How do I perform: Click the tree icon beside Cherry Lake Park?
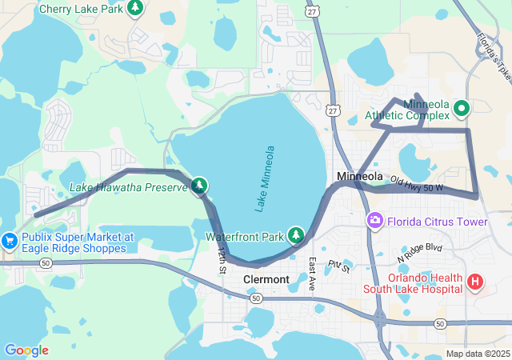coord(135,7)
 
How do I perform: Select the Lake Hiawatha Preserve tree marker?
coord(199,186)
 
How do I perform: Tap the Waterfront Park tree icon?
coord(297,235)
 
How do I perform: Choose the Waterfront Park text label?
coord(245,237)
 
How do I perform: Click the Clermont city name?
coord(266,279)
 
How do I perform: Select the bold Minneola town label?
coord(360,176)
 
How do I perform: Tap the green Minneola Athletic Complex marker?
coord(461,107)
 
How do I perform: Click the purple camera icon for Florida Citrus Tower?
coord(374,220)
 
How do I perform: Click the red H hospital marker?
coord(475,281)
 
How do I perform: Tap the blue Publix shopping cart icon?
coord(9,239)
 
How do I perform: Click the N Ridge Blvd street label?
coord(420,254)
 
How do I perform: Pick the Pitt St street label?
coord(338,265)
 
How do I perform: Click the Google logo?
coord(26,350)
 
